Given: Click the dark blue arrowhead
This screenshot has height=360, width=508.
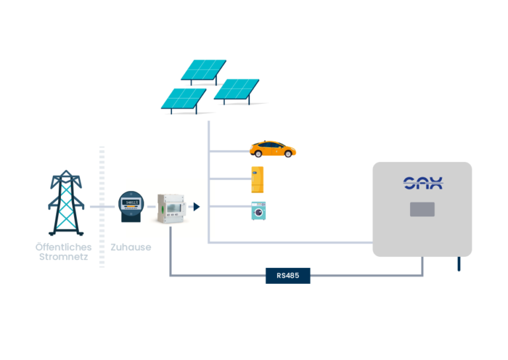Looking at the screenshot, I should click(x=196, y=207).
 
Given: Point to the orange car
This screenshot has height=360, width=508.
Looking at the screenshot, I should click(x=272, y=149).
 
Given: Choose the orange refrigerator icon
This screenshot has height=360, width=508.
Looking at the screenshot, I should click(x=257, y=179).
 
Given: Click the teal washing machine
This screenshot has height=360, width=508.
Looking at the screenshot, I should click(x=259, y=210).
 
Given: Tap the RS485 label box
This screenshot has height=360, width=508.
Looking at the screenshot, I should click(x=288, y=275).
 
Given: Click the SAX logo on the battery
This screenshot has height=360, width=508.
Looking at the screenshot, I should click(x=423, y=183).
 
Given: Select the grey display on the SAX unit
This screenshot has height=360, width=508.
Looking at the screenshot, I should click(x=422, y=209).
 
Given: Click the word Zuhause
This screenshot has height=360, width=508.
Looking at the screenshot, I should click(x=130, y=247).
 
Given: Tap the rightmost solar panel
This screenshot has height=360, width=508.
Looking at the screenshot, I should click(x=236, y=91).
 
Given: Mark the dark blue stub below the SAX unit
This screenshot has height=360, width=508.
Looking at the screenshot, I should click(x=458, y=263).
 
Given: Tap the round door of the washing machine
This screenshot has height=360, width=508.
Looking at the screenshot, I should click(x=259, y=213).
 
